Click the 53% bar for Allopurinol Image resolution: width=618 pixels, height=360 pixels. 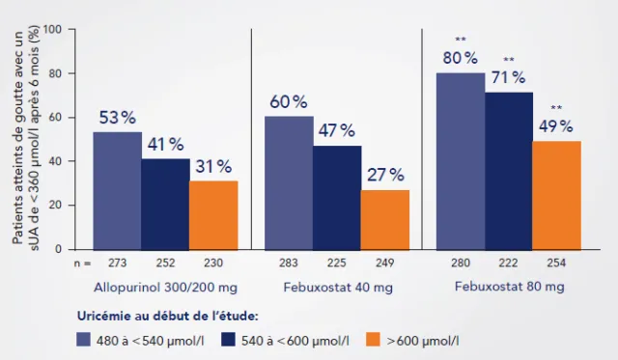pos(117,189)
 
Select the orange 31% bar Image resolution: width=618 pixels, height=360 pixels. pos(212,213)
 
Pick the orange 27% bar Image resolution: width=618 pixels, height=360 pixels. pos(384,218)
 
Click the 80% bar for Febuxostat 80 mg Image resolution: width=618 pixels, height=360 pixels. pos(461,160)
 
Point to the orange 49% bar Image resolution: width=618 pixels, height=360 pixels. pos(556,194)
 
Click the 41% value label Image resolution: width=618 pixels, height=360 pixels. pos(164,144)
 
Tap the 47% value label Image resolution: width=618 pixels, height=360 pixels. pos(336,130)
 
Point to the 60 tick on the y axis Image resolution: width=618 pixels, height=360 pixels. pos(55,118)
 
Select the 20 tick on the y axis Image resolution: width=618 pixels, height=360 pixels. pos(55,205)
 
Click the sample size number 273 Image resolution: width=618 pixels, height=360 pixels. pos(117,263)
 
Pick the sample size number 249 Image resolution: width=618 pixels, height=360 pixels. pos(384,263)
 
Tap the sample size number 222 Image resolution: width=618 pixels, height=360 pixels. pos(508,263)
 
